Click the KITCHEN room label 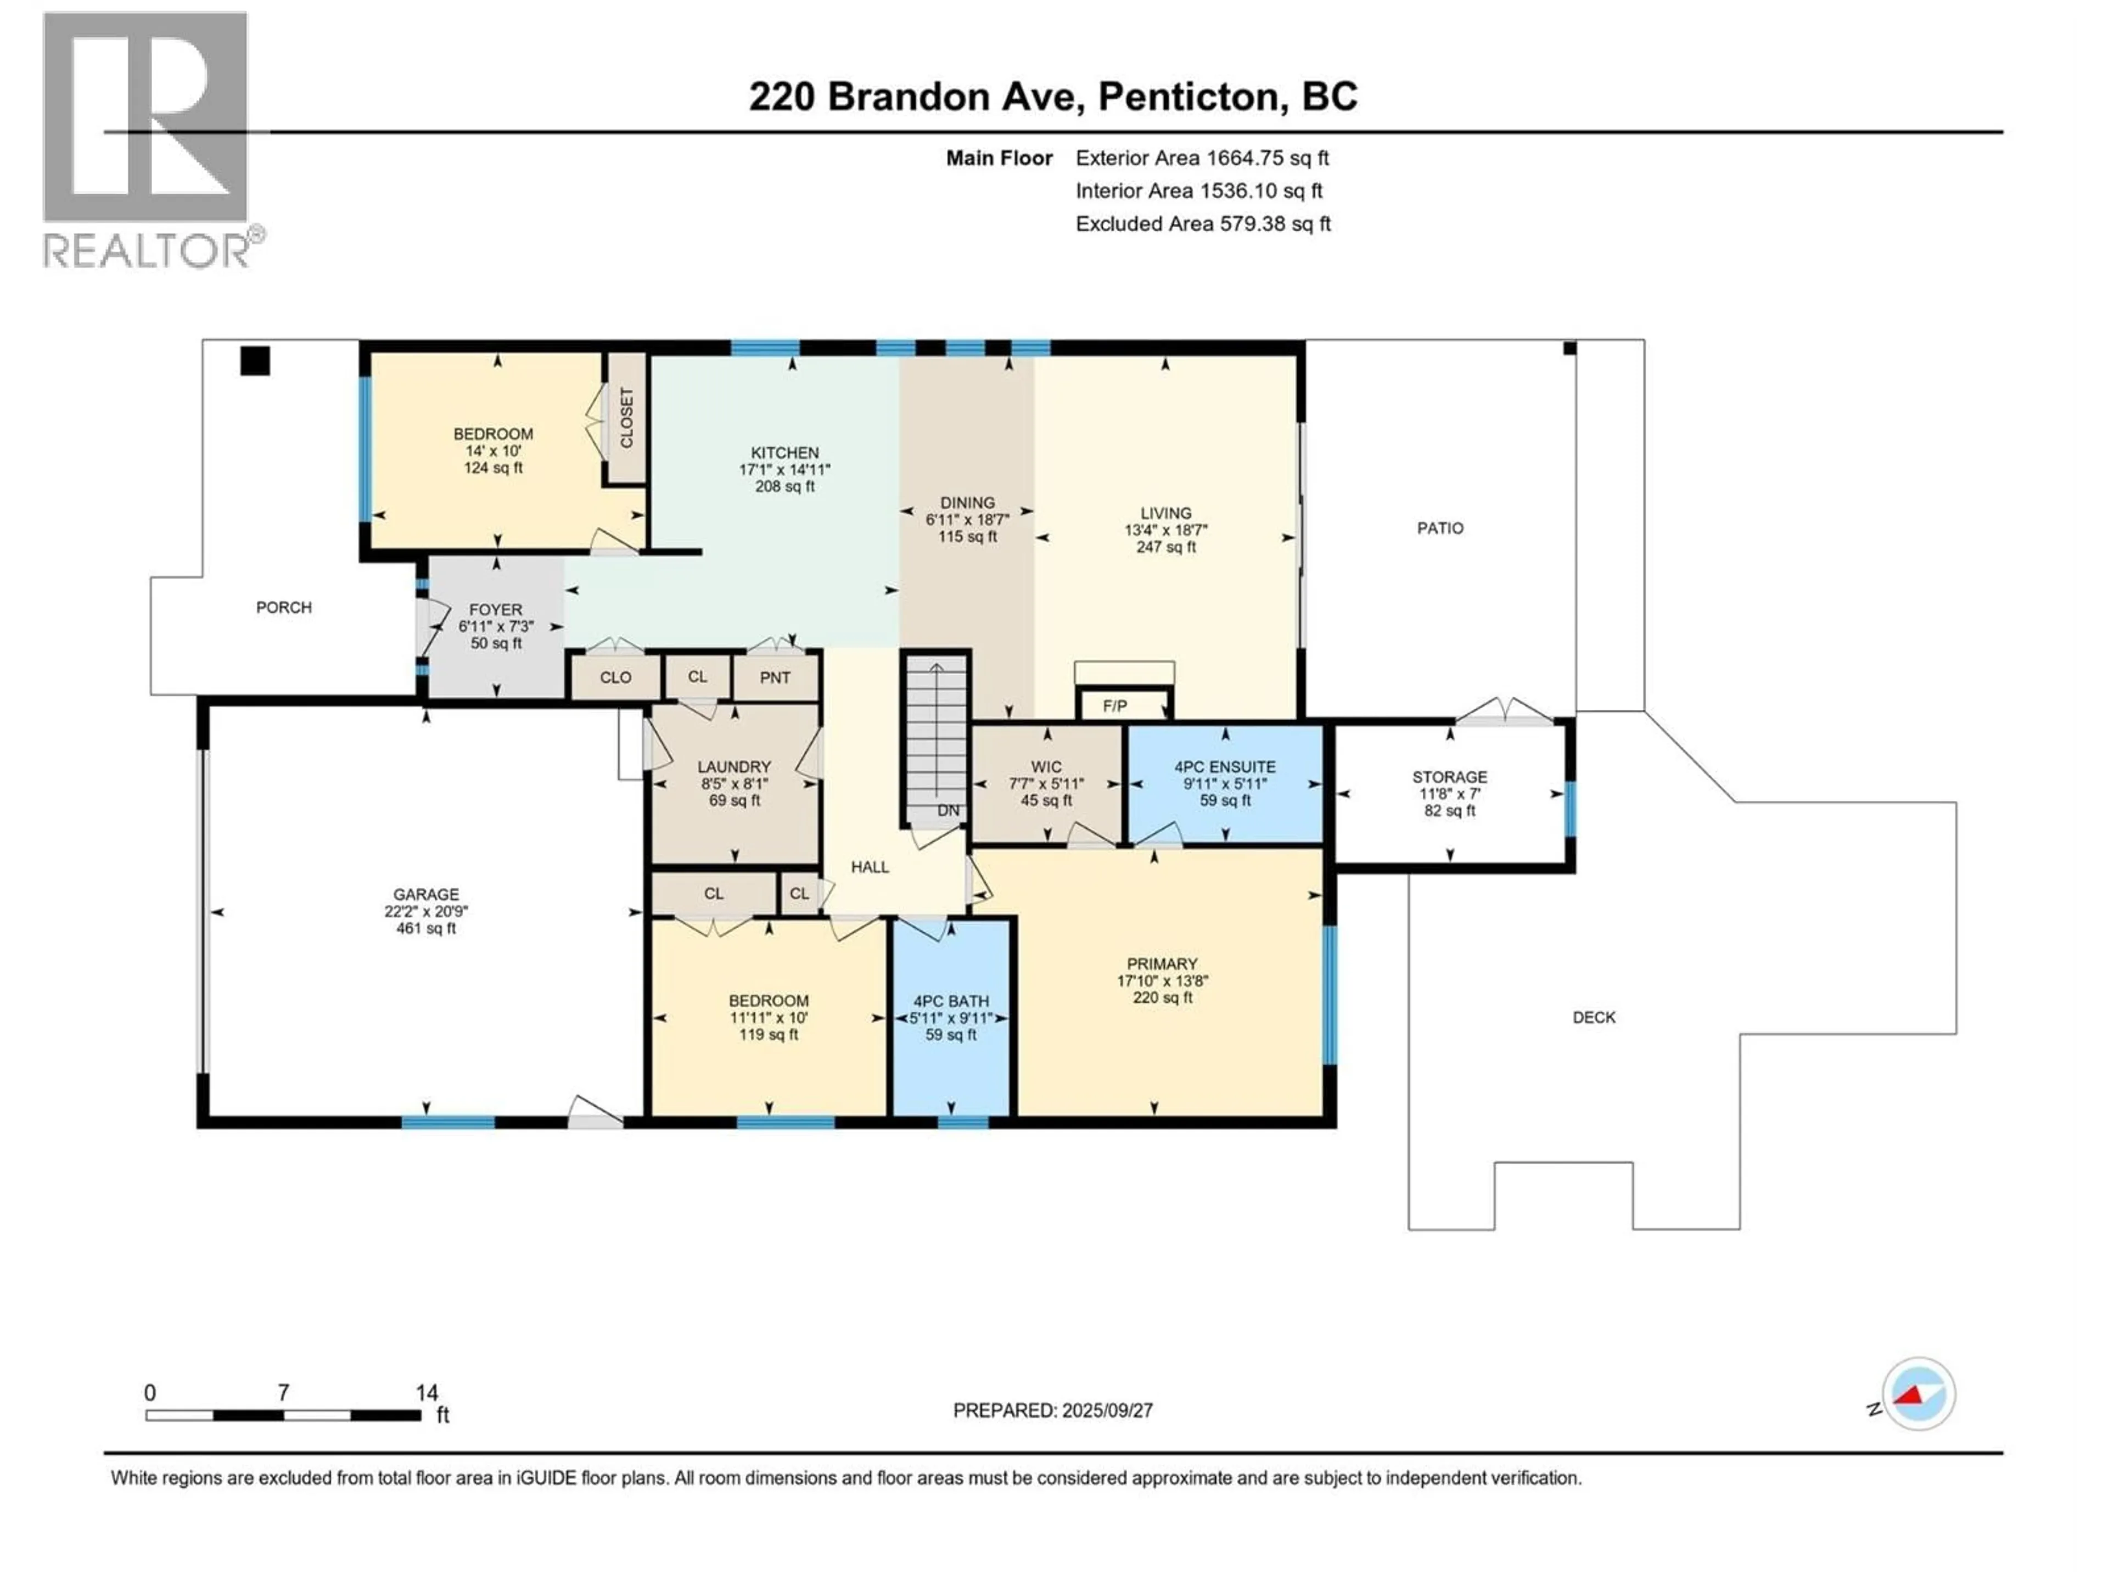click(784, 453)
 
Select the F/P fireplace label click(1114, 706)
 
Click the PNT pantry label click(775, 677)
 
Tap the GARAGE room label click(426, 894)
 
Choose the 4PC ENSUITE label click(1225, 766)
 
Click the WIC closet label click(1045, 767)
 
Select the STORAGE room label click(1449, 777)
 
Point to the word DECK click(1594, 1017)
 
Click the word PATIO click(1440, 528)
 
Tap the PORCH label click(284, 607)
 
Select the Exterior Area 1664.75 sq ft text click(1202, 158)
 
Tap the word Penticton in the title click(1188, 96)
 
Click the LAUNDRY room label click(734, 767)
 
